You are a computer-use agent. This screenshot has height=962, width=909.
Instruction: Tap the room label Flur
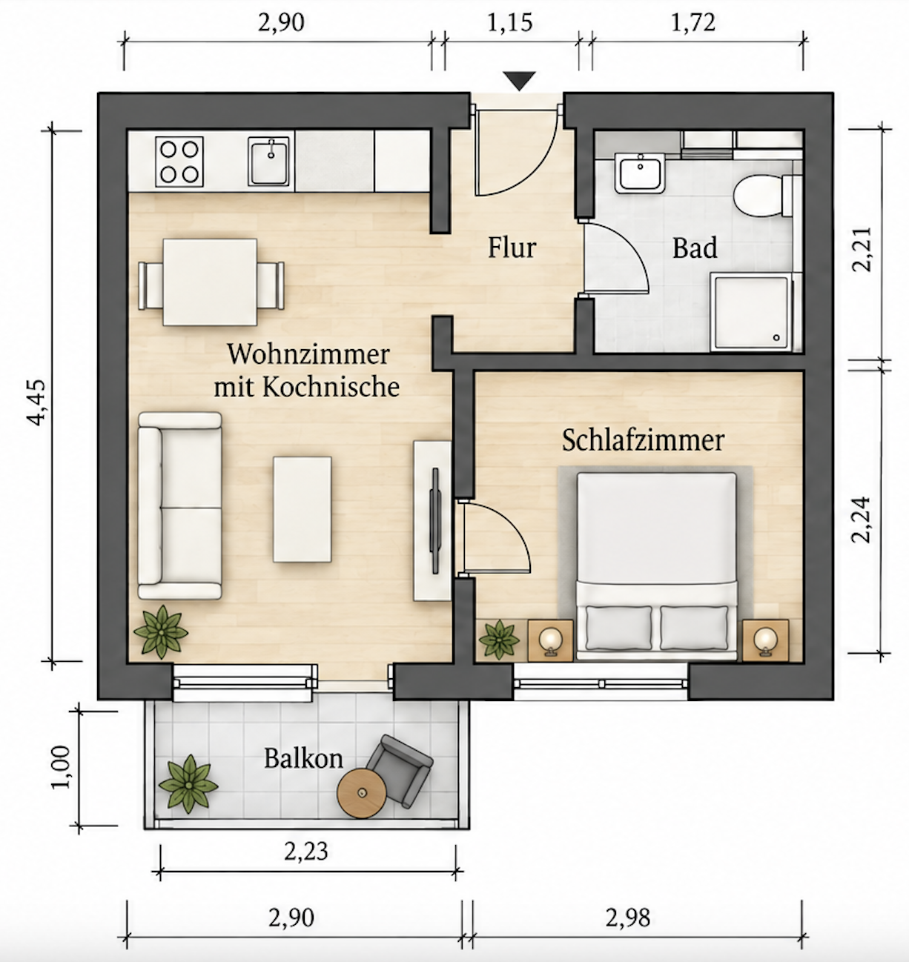512,248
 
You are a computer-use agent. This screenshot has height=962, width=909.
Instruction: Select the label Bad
695,248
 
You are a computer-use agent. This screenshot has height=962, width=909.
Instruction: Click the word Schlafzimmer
644,440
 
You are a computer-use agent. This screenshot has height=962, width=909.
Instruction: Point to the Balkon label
303,758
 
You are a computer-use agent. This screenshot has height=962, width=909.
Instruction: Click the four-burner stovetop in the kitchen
179,162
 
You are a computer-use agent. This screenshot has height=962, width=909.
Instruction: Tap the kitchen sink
269,162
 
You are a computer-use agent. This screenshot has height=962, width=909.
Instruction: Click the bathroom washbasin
639,173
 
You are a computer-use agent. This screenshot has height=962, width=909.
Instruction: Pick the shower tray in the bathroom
750,312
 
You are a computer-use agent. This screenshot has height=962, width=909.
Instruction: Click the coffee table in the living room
302,509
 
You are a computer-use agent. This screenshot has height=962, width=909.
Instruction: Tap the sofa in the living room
180,505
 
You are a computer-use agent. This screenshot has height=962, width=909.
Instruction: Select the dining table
210,282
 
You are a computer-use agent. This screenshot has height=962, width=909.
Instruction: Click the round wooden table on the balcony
362,793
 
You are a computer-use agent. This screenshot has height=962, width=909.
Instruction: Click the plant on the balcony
188,783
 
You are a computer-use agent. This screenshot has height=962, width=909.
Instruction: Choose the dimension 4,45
37,402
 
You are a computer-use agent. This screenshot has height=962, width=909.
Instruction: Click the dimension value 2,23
306,851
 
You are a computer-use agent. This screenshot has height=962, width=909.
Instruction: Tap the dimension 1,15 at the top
509,23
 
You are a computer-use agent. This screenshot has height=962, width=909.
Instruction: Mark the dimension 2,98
628,918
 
